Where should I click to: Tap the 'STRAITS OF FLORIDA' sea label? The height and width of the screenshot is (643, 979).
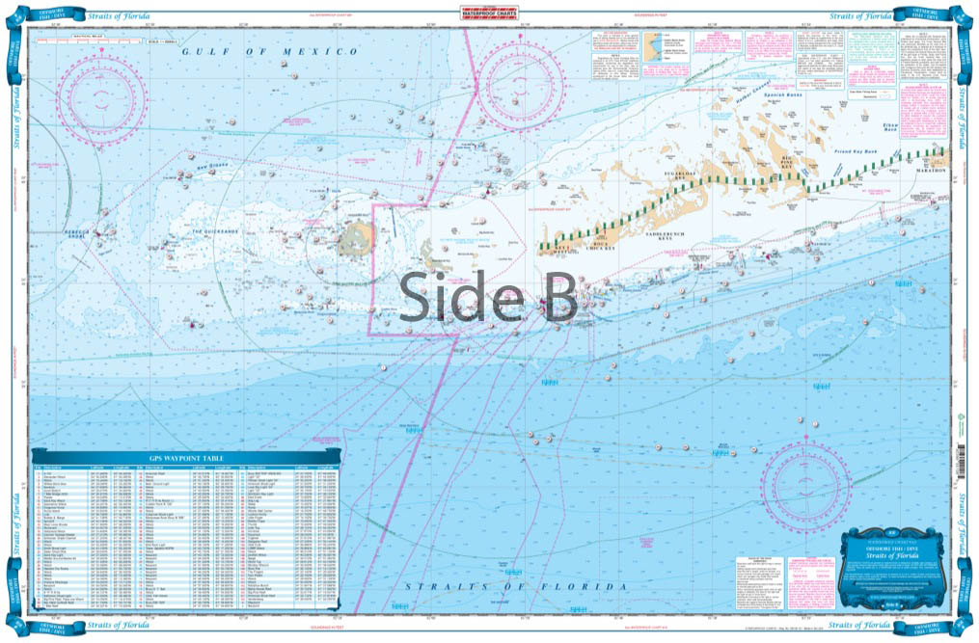[x=515, y=586]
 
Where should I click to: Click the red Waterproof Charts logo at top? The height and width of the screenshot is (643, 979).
[x=489, y=13]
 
